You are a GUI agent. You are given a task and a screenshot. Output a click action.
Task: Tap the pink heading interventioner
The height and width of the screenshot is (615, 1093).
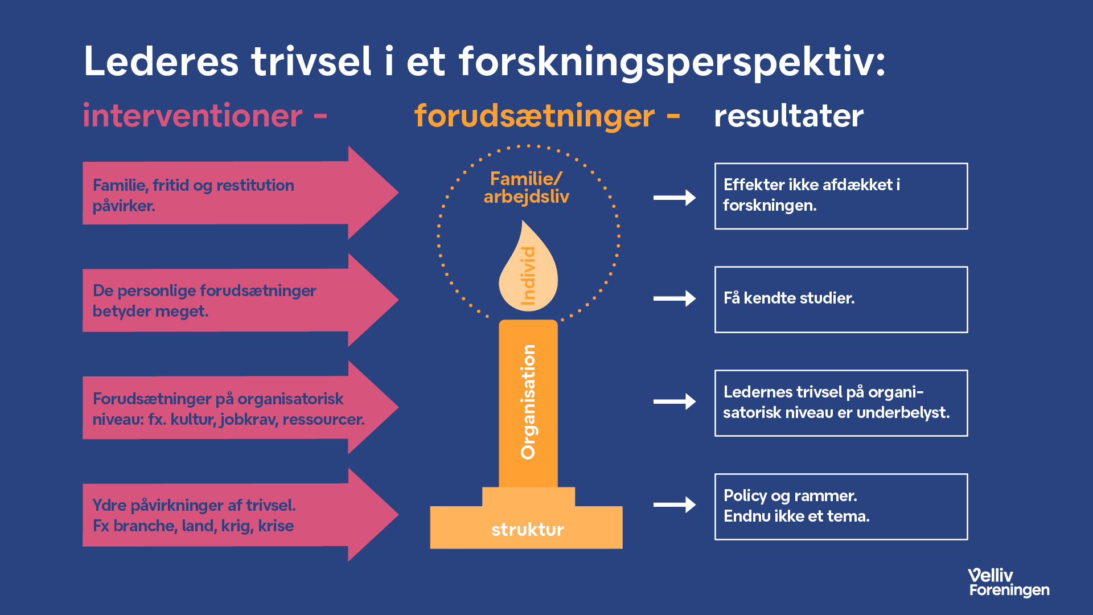(192, 116)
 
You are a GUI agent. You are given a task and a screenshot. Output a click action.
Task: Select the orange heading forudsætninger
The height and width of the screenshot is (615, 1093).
(534, 116)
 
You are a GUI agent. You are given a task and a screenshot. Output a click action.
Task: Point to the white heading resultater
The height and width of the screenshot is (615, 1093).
(788, 116)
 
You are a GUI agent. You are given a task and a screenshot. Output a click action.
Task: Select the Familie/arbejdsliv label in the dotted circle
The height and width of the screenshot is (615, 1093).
(527, 188)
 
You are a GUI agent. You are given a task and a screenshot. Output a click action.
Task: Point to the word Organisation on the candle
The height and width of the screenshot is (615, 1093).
(528, 402)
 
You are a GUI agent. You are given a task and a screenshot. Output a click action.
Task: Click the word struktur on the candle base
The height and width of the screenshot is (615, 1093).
(527, 530)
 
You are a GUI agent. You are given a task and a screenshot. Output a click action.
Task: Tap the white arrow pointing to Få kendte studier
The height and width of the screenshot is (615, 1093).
(675, 298)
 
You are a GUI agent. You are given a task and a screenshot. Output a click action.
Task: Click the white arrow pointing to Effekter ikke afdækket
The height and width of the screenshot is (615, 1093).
(675, 198)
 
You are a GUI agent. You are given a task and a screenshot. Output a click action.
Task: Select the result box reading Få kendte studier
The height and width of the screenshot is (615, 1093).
(841, 300)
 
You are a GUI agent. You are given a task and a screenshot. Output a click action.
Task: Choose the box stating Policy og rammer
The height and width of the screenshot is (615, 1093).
(841, 506)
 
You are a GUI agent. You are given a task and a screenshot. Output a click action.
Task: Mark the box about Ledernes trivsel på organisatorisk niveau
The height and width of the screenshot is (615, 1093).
(841, 403)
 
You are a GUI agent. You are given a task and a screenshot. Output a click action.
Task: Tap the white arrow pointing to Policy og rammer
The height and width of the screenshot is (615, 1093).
(675, 505)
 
